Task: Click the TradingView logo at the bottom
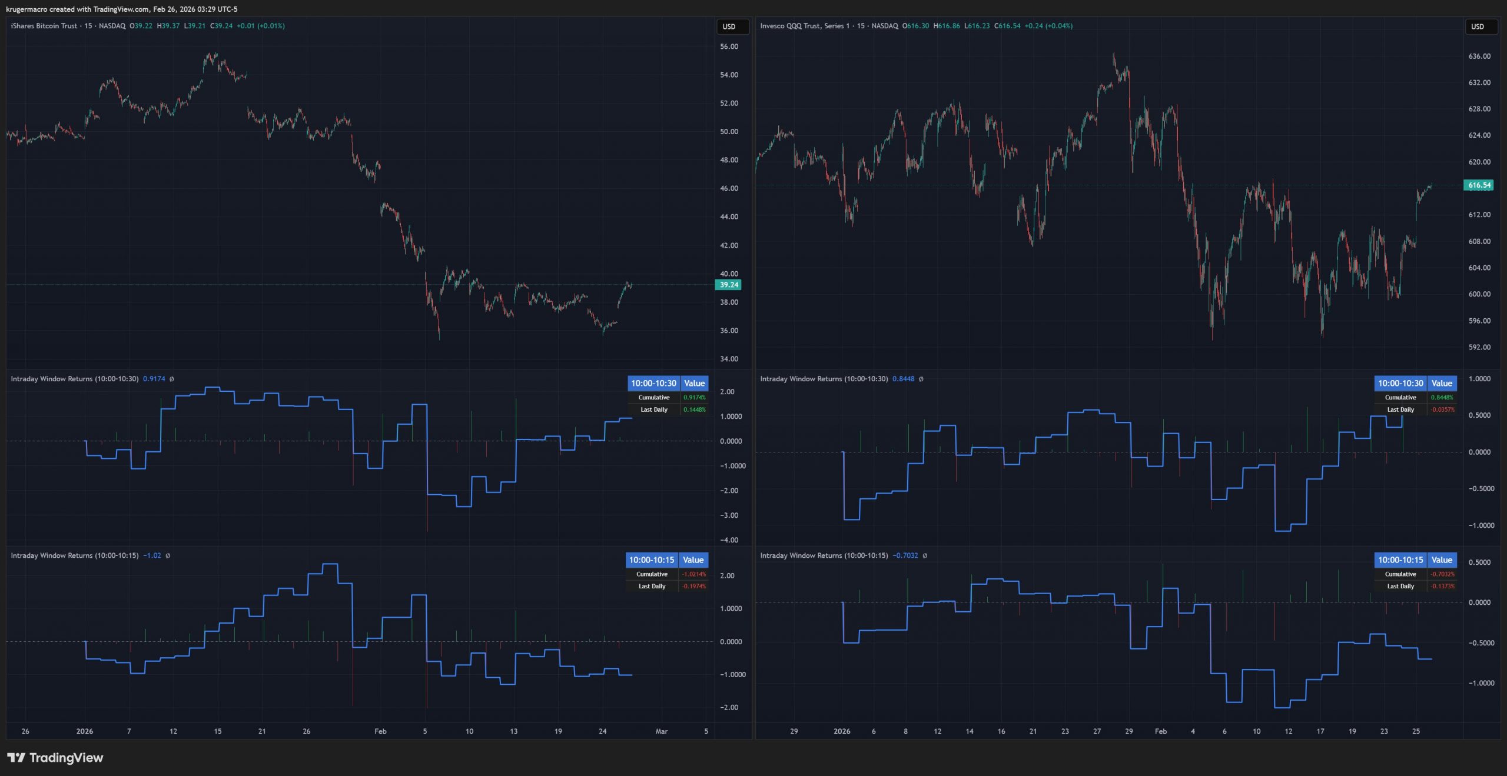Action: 55,758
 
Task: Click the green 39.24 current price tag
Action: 729,285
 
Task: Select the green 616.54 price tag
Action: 1479,185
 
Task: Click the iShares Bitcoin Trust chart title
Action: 44,26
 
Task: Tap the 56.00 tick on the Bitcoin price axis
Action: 729,46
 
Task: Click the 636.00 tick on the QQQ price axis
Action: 1479,56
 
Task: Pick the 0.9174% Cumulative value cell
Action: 694,398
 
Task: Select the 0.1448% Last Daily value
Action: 694,409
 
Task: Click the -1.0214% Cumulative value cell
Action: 693,574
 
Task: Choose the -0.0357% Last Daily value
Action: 1442,409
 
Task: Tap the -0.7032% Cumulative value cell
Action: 1442,574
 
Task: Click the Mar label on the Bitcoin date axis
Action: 662,731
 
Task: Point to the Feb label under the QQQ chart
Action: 1160,731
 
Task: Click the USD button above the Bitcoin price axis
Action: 729,26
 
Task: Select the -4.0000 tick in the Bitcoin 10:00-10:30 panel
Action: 729,540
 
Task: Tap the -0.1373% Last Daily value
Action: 1442,586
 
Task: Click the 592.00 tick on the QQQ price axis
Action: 1479,347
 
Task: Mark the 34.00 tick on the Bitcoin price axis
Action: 729,359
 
